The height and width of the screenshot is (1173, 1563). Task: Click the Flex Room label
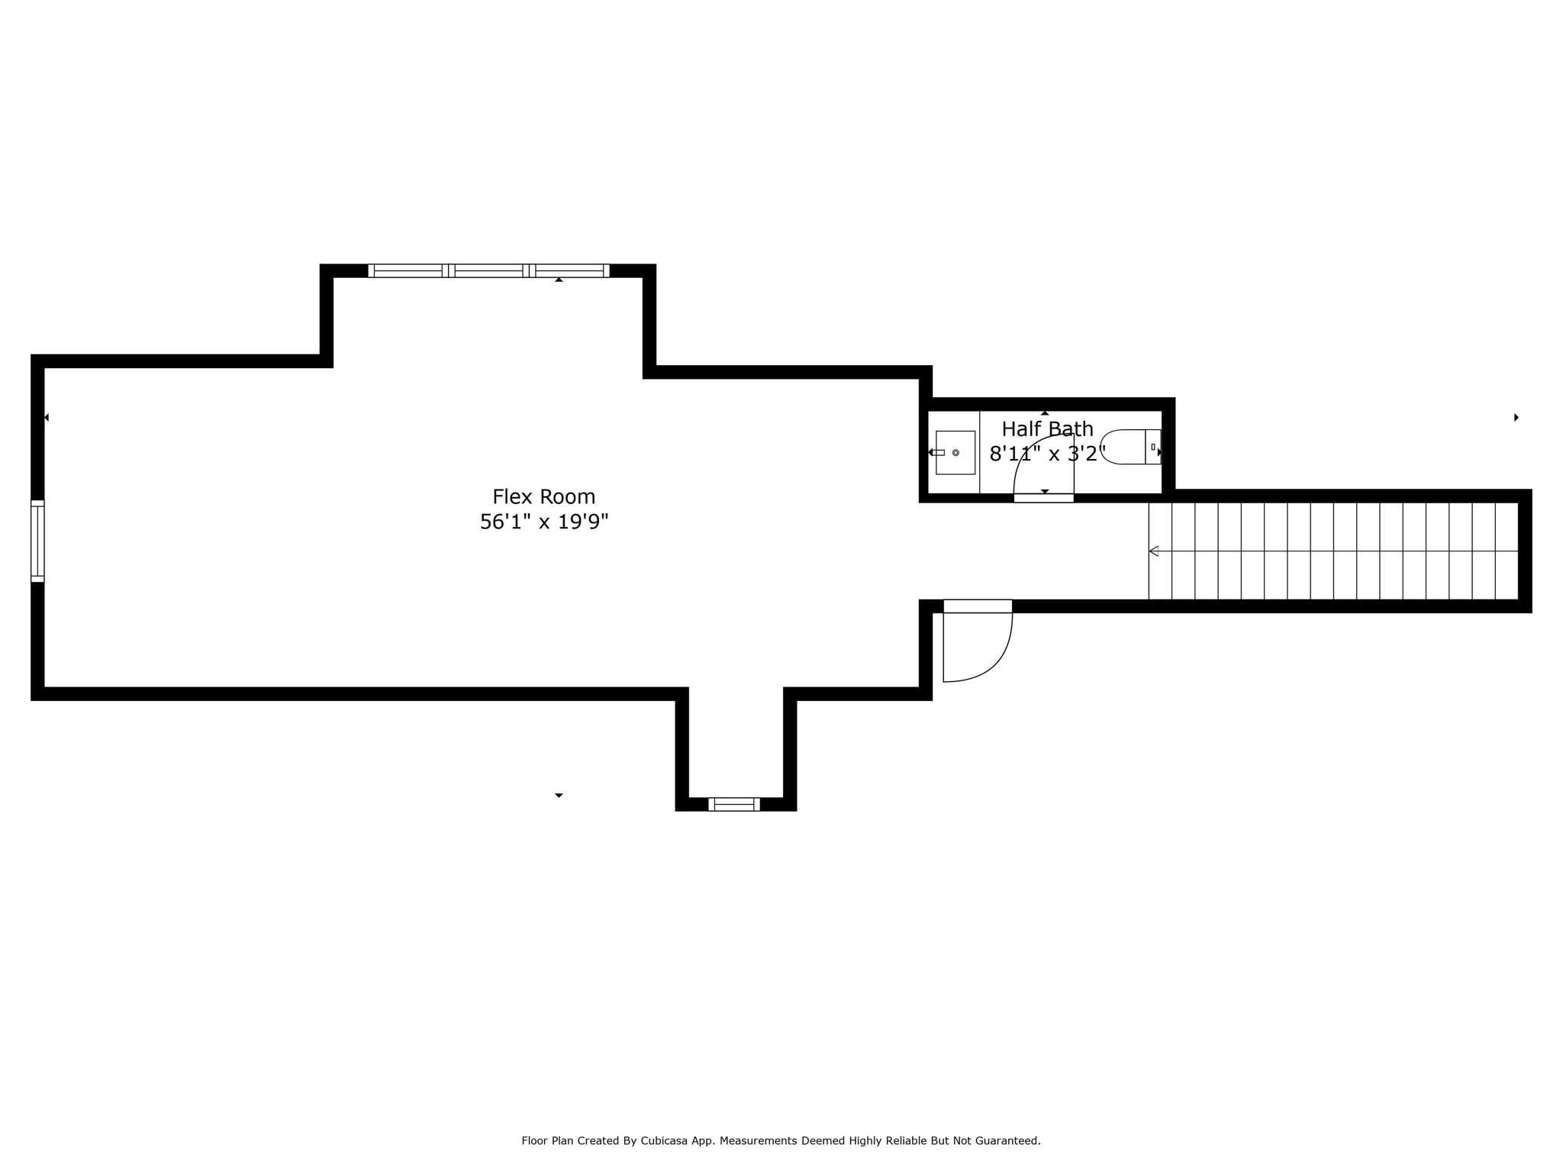pyautogui.click(x=543, y=496)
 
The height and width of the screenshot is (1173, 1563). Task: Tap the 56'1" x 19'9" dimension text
pyautogui.click(x=543, y=522)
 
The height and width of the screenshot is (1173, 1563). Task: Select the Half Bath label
pyautogui.click(x=1047, y=428)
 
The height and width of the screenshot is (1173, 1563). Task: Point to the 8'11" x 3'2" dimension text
pyautogui.click(x=1047, y=454)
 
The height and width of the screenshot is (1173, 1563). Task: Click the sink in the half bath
pyautogui.click(x=956, y=452)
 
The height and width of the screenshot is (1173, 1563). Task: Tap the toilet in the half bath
pyautogui.click(x=1130, y=447)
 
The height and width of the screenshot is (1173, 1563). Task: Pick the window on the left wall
pyautogui.click(x=37, y=541)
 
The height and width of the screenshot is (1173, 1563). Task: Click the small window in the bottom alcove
pyautogui.click(x=733, y=803)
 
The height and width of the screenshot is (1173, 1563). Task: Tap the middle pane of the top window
pyautogui.click(x=488, y=270)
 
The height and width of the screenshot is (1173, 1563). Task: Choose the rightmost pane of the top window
pyautogui.click(x=569, y=270)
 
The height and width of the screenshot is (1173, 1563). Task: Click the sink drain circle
pyautogui.click(x=956, y=453)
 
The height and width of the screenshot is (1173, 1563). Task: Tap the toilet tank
pyautogui.click(x=1153, y=447)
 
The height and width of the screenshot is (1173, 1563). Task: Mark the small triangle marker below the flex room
pyautogui.click(x=559, y=796)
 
